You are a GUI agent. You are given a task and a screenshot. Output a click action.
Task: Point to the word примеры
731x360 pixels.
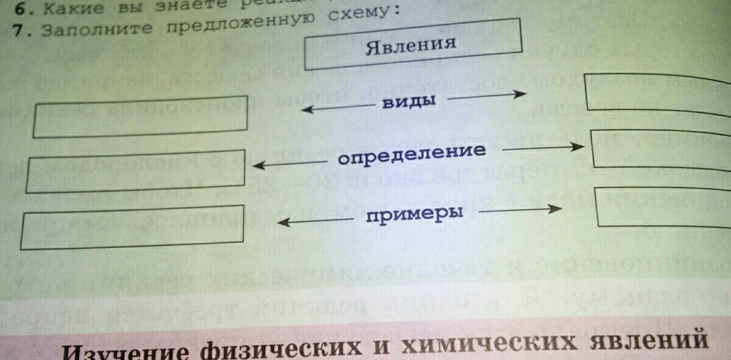[414, 214]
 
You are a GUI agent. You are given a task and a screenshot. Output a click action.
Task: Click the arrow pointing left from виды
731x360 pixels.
[336, 108]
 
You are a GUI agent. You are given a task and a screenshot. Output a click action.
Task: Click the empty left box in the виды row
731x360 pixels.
[141, 116]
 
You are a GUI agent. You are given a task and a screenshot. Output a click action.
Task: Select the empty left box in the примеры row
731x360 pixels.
[132, 227]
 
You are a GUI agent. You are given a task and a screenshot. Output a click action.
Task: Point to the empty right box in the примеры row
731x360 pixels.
[664, 209]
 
